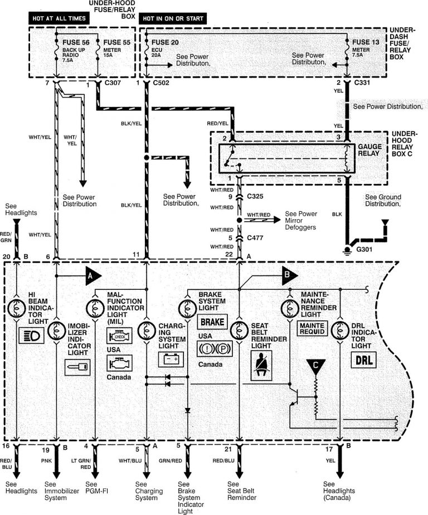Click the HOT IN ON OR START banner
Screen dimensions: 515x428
coord(173,18)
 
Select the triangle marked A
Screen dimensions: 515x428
coord(92,274)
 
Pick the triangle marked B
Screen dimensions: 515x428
coord(288,274)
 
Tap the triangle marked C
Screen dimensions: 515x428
coord(316,365)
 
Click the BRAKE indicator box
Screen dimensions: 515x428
coord(212,322)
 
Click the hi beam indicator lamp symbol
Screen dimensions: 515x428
coord(17,306)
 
